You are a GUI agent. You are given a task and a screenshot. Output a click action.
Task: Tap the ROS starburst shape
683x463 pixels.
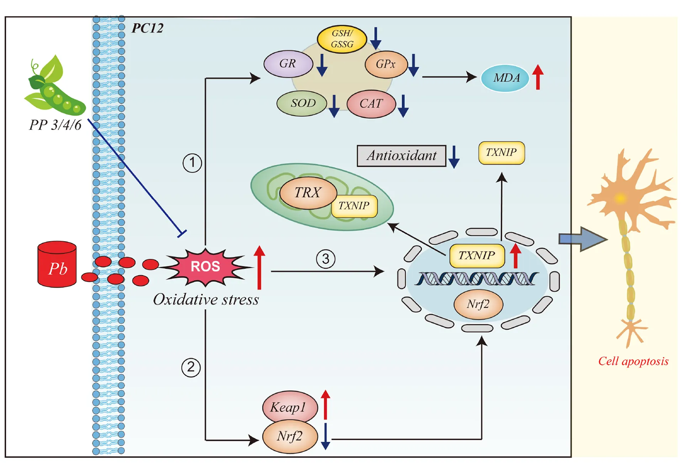(205, 266)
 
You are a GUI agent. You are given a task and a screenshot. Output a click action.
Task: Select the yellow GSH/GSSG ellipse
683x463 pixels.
(341, 39)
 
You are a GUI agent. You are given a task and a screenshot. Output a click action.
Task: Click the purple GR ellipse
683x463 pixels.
(288, 64)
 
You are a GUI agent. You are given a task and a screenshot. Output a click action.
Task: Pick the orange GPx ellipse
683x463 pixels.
(386, 64)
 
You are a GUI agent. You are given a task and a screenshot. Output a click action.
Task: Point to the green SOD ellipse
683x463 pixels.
(302, 103)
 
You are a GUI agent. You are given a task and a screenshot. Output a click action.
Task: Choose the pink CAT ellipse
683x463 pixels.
(371, 104)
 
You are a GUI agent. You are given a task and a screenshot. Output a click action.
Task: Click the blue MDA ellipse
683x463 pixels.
(505, 78)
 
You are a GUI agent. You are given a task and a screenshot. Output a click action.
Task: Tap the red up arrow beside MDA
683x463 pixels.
(538, 77)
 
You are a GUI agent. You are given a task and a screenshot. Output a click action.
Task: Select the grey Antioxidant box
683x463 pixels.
(401, 156)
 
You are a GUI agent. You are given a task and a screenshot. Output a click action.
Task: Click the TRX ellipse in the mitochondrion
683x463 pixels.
(308, 192)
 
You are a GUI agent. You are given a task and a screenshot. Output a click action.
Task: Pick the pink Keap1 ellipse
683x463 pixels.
(289, 407)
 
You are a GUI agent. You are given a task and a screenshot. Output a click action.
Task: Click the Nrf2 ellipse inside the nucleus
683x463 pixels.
(478, 304)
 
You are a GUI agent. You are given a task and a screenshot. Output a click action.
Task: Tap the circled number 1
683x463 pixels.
(192, 163)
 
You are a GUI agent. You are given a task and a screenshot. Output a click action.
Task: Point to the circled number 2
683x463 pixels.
(191, 367)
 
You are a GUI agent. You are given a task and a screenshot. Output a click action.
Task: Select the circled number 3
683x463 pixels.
(326, 259)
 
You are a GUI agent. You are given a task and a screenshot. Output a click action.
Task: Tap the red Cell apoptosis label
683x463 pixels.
(633, 361)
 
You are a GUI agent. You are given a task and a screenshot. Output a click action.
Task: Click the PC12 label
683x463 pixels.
(148, 28)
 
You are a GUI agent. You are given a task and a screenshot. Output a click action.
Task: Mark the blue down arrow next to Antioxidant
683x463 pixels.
(454, 157)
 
